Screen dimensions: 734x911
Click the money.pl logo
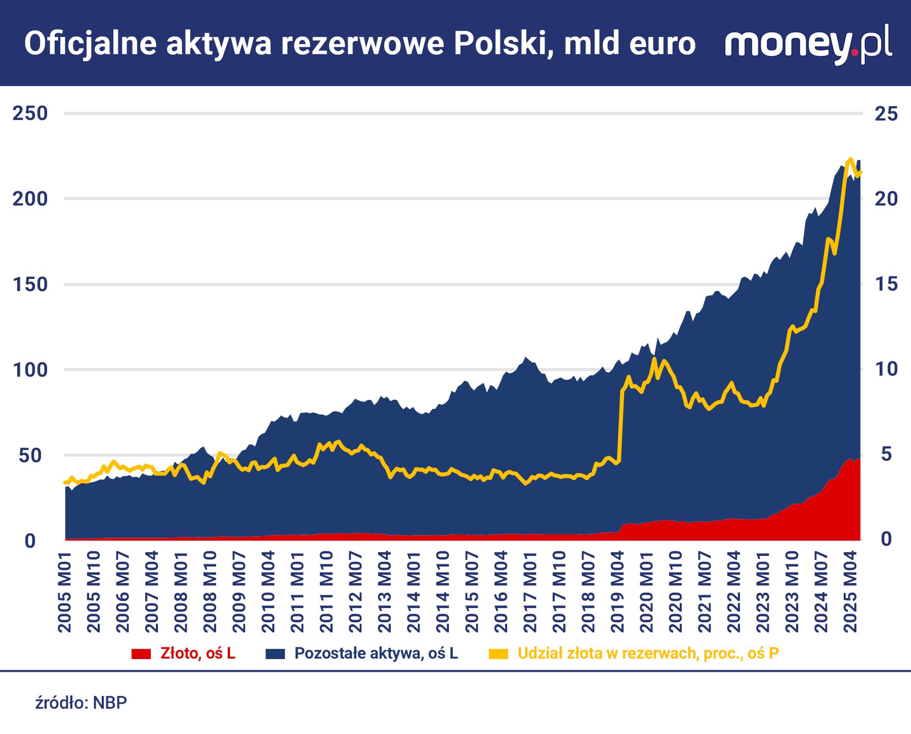pos(808,44)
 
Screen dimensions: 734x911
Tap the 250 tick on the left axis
pos(30,113)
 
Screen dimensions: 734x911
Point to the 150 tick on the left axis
pos(30,284)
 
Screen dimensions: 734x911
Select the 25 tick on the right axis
pos(886,113)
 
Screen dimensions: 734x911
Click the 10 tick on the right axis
pos(886,369)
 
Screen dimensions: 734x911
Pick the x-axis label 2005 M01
pos(65,591)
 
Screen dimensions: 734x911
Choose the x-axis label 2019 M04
pos(618,591)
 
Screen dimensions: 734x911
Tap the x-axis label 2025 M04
pos(850,591)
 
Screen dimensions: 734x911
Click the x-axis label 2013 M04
pos(385,591)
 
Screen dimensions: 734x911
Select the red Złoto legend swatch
pos(141,653)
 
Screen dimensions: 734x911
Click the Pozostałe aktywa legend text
pos(376,653)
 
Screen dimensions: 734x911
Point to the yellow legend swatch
pos(498,653)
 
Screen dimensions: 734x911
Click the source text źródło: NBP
pos(81,703)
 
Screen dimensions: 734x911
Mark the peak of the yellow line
pos(850,160)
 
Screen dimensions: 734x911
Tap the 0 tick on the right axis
pos(886,539)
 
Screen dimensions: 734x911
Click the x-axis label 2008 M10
pos(210,591)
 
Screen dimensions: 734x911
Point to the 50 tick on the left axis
pos(30,455)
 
